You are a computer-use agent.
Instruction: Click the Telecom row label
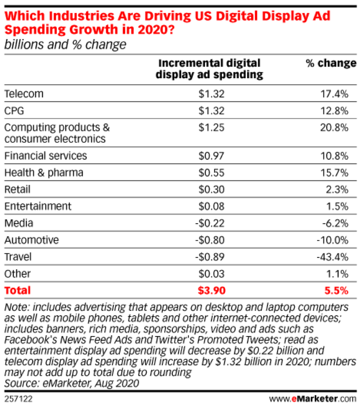coord(24,94)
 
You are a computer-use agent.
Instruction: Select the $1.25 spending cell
coord(211,128)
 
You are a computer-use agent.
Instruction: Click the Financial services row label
coord(45,156)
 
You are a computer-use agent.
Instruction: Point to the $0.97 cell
coord(211,156)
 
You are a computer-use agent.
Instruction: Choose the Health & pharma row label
coord(44,173)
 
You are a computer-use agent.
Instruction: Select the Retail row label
coord(18,189)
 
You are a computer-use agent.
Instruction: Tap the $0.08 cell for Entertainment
coord(211,206)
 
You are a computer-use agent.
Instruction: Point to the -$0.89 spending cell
coord(210,257)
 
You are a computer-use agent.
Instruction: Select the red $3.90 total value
coord(211,291)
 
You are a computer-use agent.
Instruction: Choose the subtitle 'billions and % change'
coord(65,45)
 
